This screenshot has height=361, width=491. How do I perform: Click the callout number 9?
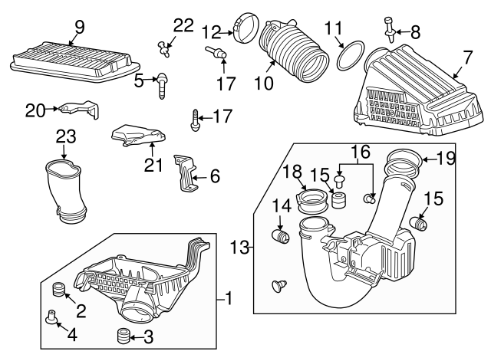(x=78, y=28)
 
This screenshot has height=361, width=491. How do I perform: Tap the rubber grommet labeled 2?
(x=56, y=290)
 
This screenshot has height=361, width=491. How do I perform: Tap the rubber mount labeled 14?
(x=281, y=233)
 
